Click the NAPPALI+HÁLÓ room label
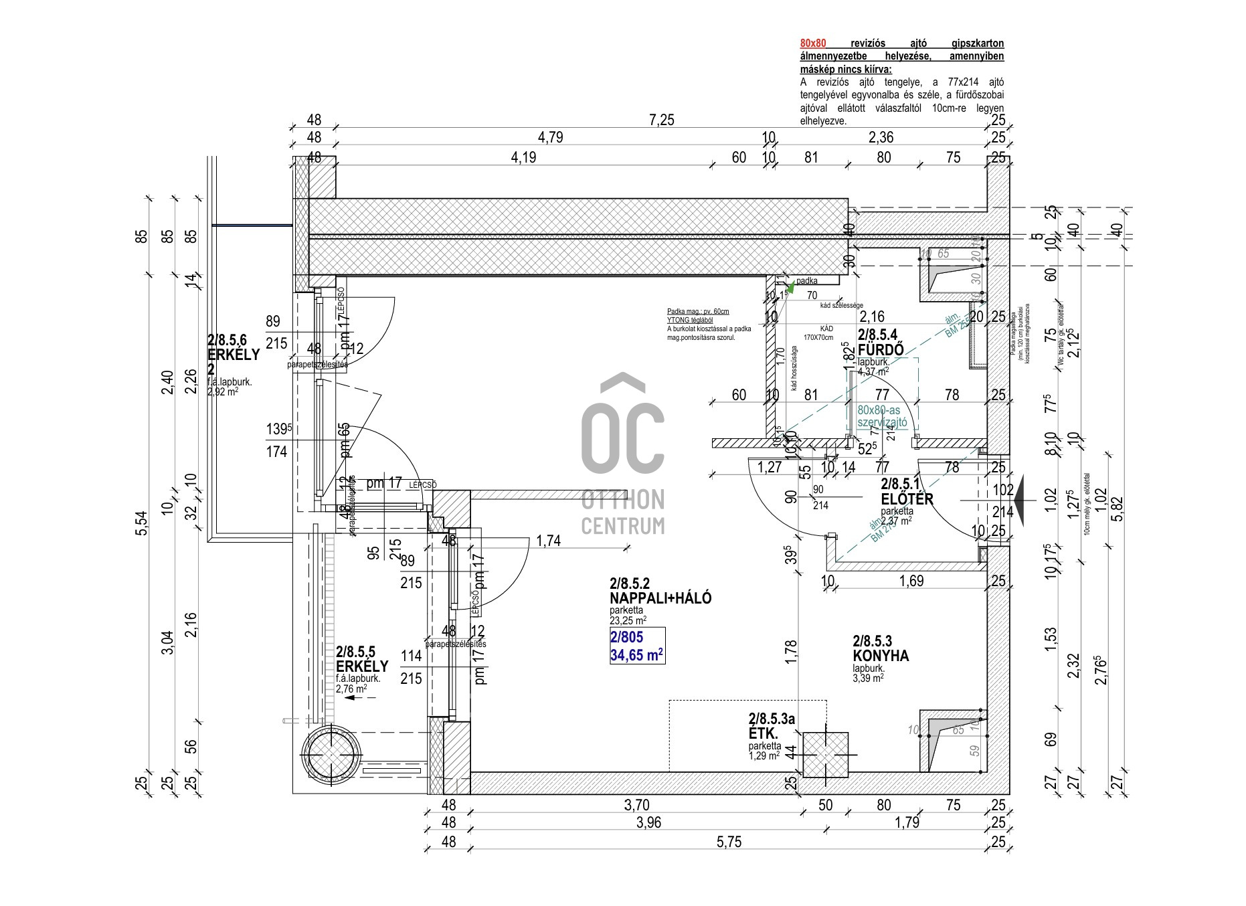pyautogui.click(x=660, y=598)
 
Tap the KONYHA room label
pyautogui.click(x=881, y=656)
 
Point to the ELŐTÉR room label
pyautogui.click(x=907, y=499)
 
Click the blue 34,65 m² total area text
pyautogui.click(x=636, y=654)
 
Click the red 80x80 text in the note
pyautogui.click(x=812, y=43)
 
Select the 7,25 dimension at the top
pyautogui.click(x=661, y=120)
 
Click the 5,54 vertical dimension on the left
pyautogui.click(x=141, y=522)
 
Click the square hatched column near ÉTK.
pyautogui.click(x=825, y=755)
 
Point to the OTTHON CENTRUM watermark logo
pyautogui.click(x=623, y=455)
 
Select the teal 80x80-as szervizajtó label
pyautogui.click(x=882, y=416)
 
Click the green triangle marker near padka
pyautogui.click(x=790, y=288)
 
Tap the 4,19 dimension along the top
pyautogui.click(x=523, y=158)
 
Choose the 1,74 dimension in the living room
pyautogui.click(x=548, y=541)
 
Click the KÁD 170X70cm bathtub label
pyautogui.click(x=818, y=333)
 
